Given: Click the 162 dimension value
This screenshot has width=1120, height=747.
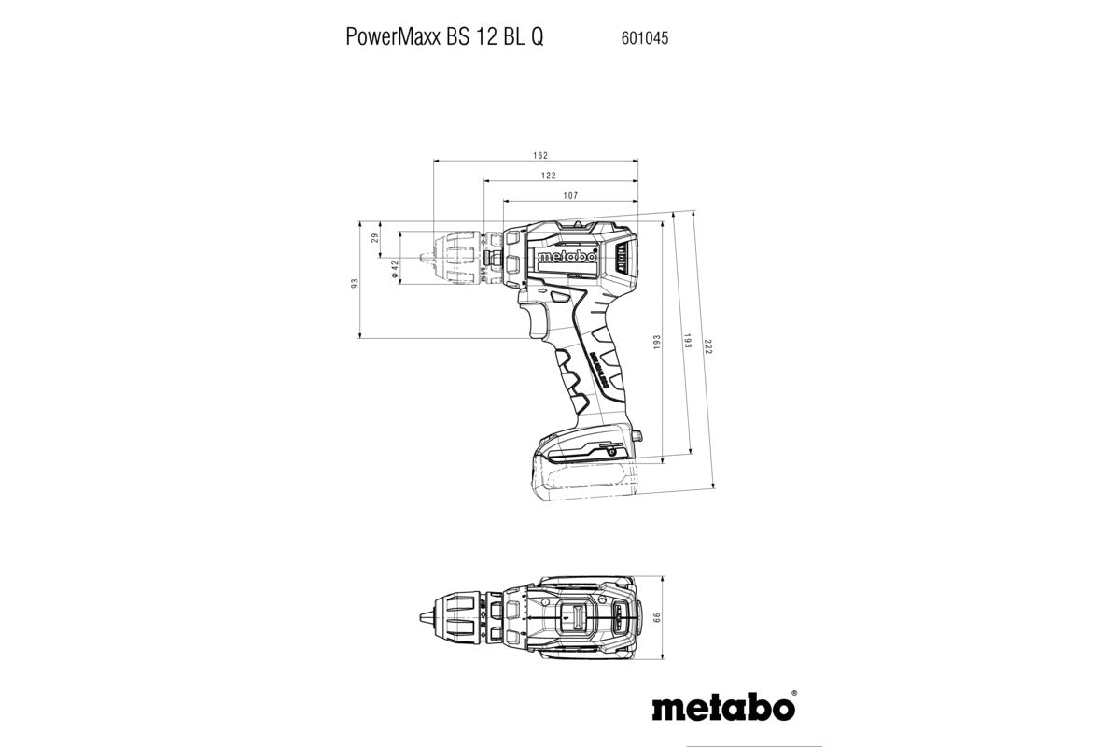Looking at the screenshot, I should click(x=540, y=155).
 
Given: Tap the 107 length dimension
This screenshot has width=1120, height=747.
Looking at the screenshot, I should click(x=571, y=195).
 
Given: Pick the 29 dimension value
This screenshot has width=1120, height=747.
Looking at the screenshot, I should click(x=375, y=238).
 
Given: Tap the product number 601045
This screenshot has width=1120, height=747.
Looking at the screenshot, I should click(x=643, y=38).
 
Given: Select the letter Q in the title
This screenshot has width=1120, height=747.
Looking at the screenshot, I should click(x=539, y=38).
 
